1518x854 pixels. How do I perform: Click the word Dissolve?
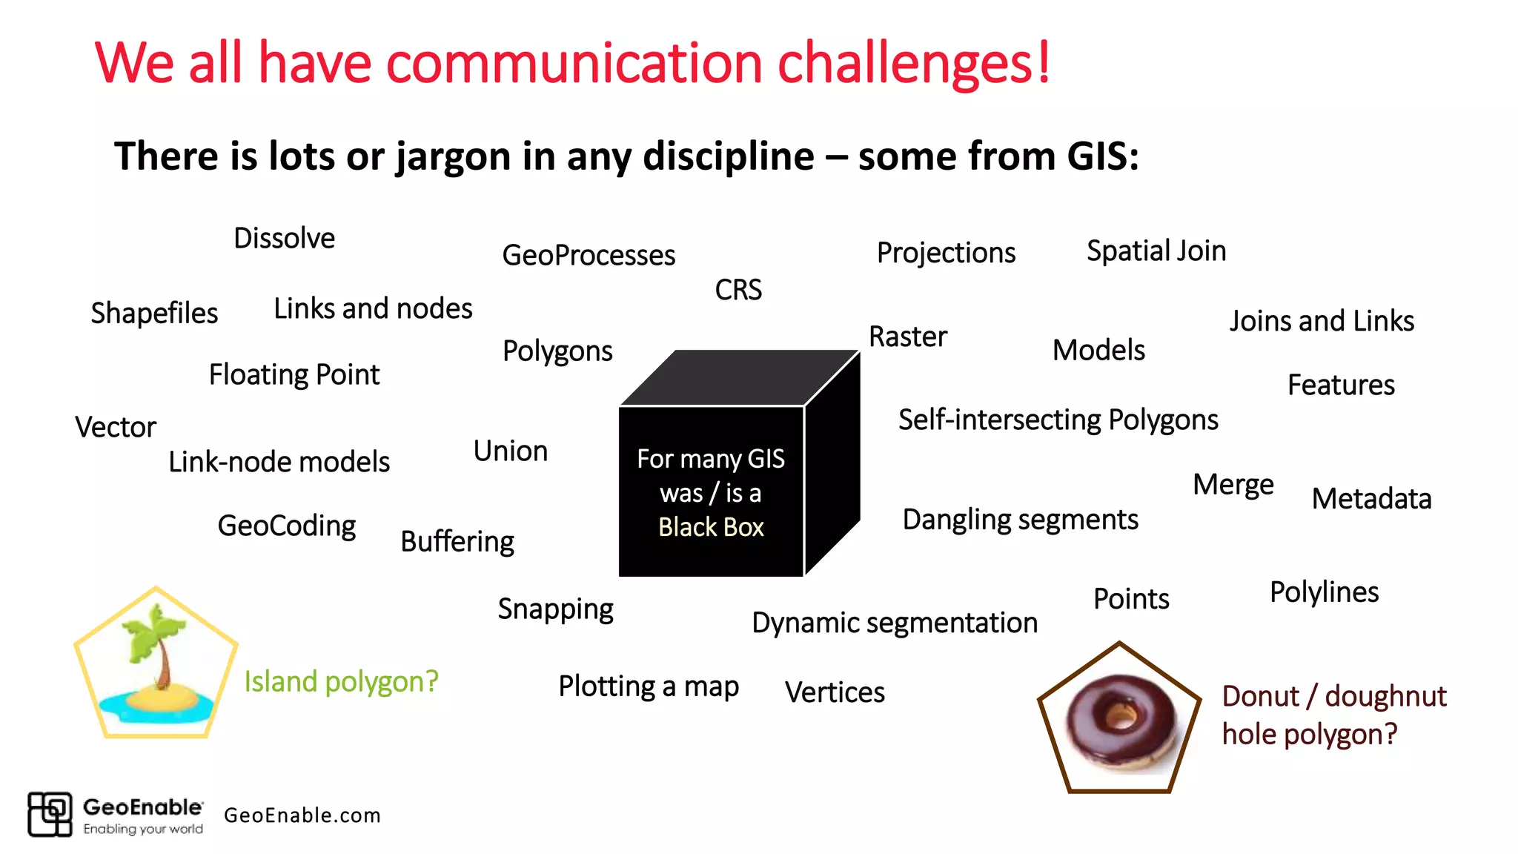coord(284,239)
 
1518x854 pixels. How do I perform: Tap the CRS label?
coord(738,290)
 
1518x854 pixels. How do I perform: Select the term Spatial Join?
coord(1156,251)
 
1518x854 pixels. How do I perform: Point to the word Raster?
coord(907,337)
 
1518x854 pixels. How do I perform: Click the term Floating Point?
coord(294,375)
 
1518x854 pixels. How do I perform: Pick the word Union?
coord(510,451)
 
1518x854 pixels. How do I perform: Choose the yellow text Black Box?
coord(710,527)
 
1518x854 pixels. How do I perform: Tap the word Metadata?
coord(1370,499)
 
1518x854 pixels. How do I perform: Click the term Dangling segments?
coord(1020,520)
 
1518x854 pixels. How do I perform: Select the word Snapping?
coord(555,609)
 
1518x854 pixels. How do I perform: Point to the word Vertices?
coord(834,692)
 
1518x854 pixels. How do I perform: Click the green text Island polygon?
coord(341,681)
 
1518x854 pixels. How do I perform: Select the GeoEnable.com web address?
coord(302,815)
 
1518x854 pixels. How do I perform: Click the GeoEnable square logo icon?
coord(50,814)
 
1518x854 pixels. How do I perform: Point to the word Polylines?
coord(1324,592)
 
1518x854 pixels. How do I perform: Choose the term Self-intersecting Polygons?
coord(1058,420)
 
